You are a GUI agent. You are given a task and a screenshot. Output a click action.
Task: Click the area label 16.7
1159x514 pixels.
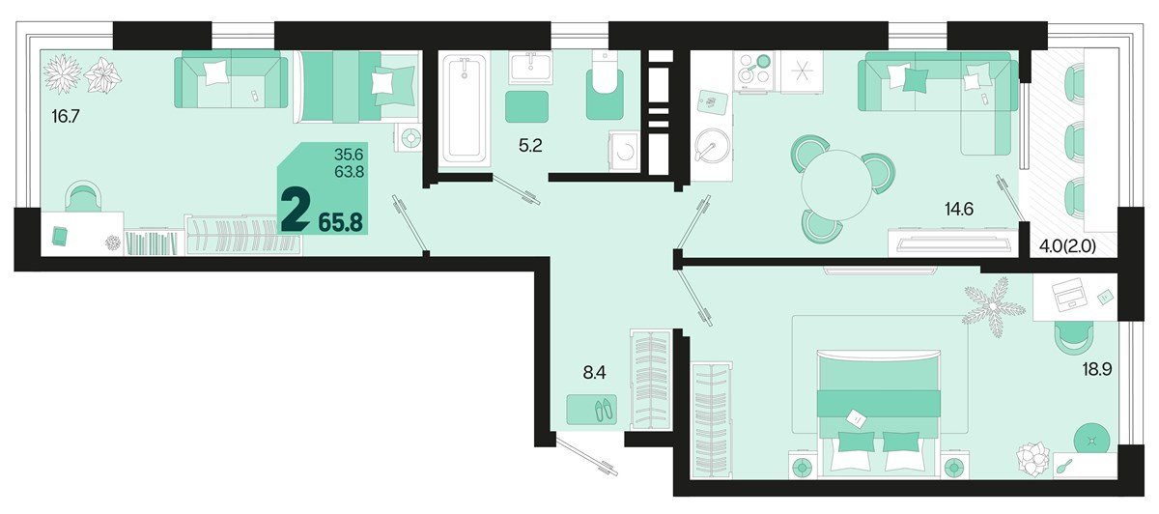66,117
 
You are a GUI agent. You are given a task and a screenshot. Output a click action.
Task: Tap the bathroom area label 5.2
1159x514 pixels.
530,146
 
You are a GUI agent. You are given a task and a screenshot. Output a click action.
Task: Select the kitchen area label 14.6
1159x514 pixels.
959,209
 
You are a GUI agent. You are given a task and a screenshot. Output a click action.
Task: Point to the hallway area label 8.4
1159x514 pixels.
594,372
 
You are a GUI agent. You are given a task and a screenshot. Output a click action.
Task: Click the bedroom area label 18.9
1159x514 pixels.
1097,370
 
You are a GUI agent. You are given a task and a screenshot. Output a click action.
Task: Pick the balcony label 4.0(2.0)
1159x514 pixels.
1067,247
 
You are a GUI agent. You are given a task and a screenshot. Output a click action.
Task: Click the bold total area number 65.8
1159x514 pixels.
340,222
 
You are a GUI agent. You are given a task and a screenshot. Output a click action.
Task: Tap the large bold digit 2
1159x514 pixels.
296,211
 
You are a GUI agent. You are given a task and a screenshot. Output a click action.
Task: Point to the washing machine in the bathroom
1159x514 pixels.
625,151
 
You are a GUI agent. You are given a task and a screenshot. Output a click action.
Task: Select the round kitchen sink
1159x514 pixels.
713,146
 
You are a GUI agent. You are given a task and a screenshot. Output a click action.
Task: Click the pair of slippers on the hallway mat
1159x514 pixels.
604,411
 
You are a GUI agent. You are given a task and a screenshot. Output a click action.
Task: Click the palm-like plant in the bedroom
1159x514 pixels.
992,306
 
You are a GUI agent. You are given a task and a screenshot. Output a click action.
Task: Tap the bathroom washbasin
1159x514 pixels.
530,68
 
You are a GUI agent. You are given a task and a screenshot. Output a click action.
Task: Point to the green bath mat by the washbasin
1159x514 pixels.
526,106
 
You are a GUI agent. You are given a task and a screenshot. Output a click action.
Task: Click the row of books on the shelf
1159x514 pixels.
153,243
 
